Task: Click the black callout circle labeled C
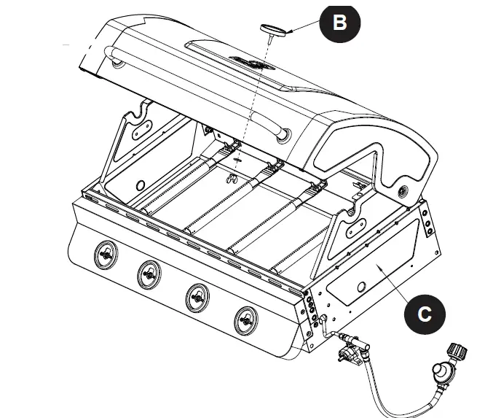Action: pyautogui.click(x=425, y=314)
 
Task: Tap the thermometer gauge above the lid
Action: pyautogui.click(x=273, y=29)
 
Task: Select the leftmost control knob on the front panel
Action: pyautogui.click(x=106, y=255)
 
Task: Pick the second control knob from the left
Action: pyautogui.click(x=149, y=274)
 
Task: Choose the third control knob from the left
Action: pyautogui.click(x=197, y=296)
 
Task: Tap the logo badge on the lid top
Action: pyautogui.click(x=247, y=63)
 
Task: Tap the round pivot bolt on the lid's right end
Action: pyautogui.click(x=403, y=190)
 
